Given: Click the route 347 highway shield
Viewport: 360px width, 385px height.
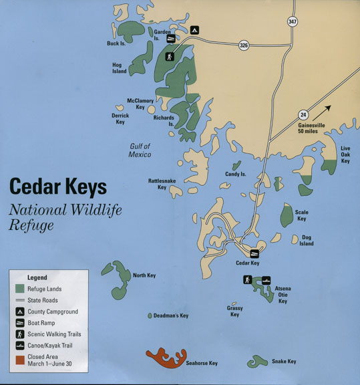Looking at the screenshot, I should [292, 21].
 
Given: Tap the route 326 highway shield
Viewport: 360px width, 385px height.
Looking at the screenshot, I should [244, 45].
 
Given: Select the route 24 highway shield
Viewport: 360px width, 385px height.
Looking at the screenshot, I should [303, 114].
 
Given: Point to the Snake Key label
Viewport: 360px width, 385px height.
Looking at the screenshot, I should [283, 362].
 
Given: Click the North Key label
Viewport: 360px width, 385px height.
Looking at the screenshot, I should [144, 275].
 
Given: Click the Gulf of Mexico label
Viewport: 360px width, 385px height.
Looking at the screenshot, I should [140, 150].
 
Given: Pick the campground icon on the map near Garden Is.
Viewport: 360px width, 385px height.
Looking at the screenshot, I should [194, 30].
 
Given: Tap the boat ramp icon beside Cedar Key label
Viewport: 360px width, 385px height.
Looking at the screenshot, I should [254, 253].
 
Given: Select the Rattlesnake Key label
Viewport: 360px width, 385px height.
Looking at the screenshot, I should [162, 184].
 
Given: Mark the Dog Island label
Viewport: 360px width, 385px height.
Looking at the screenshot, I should [307, 241].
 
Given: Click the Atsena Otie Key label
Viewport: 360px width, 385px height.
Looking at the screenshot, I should [282, 295].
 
